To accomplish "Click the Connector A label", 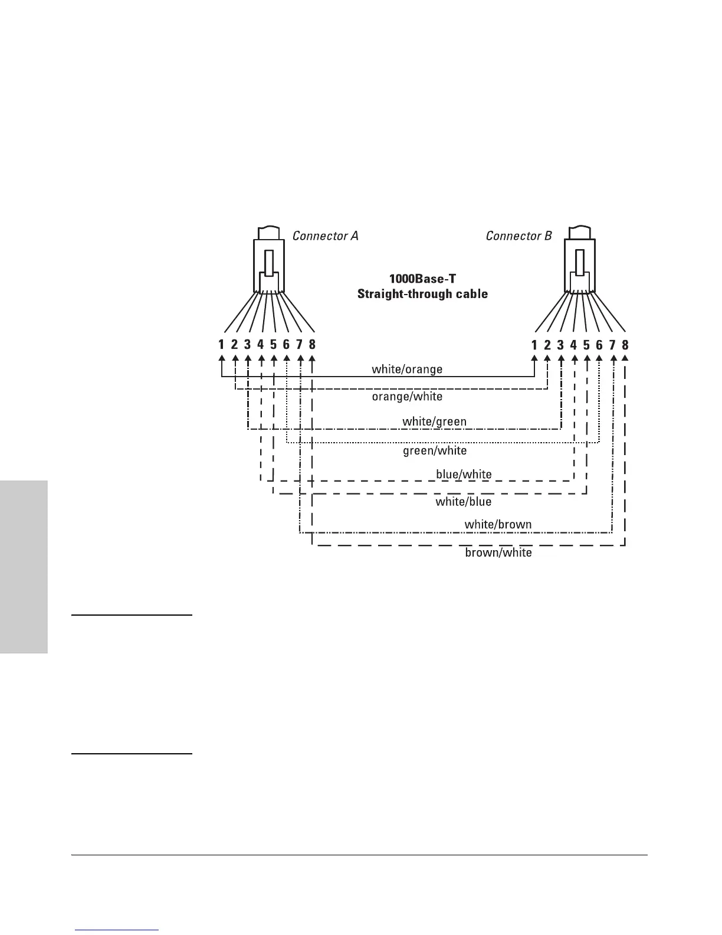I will (325, 236).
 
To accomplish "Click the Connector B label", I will (518, 236).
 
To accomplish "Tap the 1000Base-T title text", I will (422, 278).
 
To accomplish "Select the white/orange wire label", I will (407, 370).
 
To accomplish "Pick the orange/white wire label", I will (407, 397).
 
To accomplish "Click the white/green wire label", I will (434, 422).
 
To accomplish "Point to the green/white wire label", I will (435, 451).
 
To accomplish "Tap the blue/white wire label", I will (464, 475).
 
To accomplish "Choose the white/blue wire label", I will (464, 502).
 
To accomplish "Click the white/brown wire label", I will (498, 524).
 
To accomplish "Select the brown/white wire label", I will (498, 553).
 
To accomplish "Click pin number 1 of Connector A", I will (221, 344).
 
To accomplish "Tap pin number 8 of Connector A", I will (312, 344).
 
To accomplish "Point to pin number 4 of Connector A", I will (260, 344).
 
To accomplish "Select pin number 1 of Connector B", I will (534, 345).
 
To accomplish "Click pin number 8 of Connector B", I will (625, 345).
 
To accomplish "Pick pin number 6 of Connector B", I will (599, 345).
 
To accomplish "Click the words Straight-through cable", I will (422, 294).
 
